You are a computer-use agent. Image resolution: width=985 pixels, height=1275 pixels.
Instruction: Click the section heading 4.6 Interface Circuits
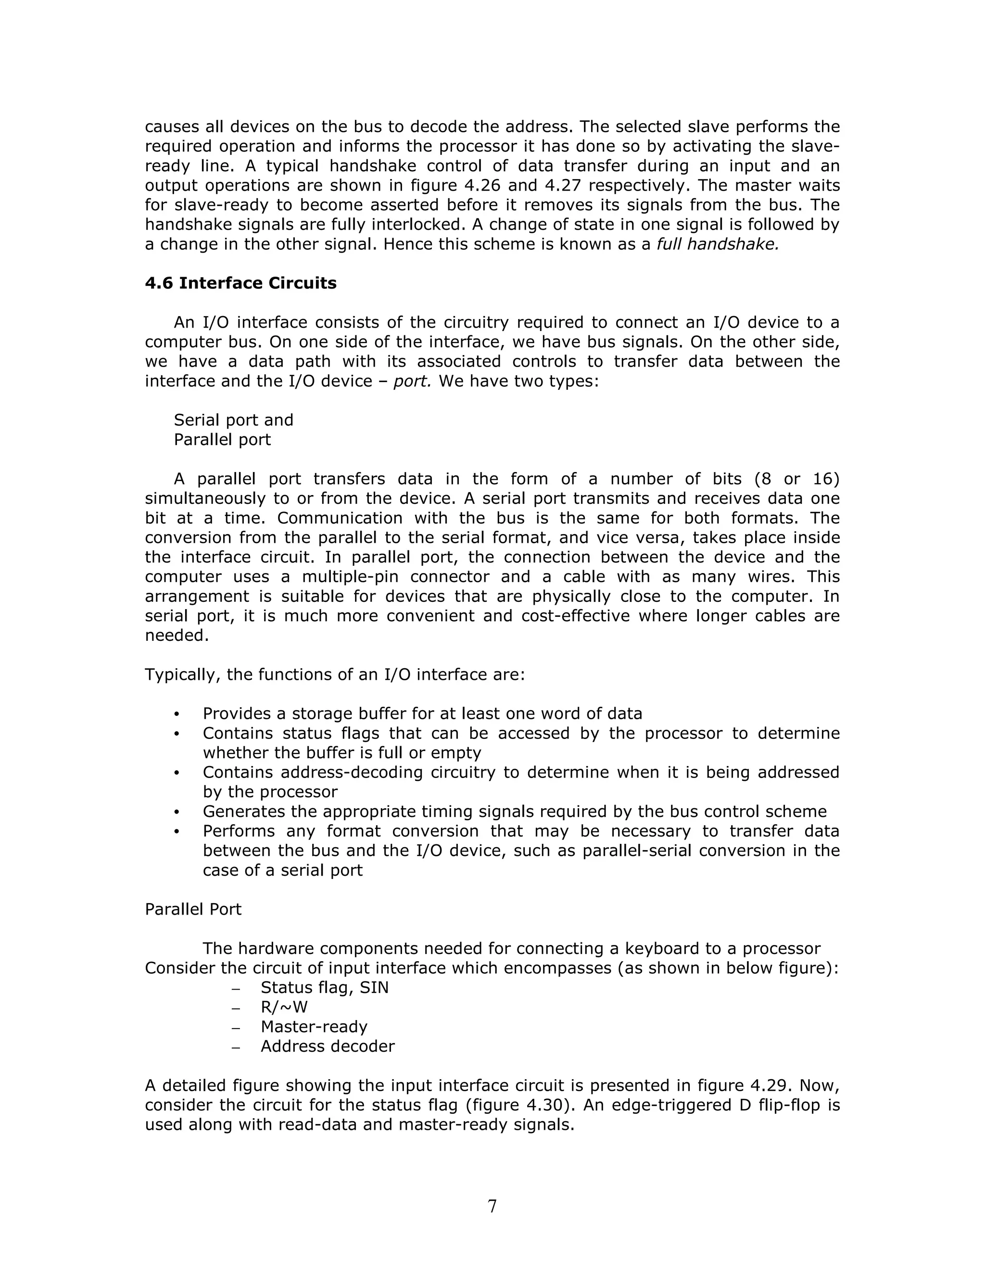coord(240,283)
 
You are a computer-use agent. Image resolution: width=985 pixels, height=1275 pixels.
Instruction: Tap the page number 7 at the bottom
coord(492,1206)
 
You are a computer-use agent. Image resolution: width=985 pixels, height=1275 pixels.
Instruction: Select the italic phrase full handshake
coord(718,244)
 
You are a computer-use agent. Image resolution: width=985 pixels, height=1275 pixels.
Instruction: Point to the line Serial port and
coord(233,421)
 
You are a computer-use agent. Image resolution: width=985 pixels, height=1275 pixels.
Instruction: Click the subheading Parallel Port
coord(193,909)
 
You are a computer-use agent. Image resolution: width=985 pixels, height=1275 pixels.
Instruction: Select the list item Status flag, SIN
coord(325,988)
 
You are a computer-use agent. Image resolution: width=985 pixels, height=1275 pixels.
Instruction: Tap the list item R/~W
coord(284,1007)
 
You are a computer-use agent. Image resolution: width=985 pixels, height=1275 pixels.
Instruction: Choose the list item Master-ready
coord(314,1027)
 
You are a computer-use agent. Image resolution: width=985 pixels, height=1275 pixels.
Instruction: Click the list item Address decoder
coord(328,1046)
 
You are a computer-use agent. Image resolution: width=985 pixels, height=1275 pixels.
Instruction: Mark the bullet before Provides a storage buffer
coord(177,714)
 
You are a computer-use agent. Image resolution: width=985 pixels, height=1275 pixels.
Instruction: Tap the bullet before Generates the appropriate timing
coord(177,813)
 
